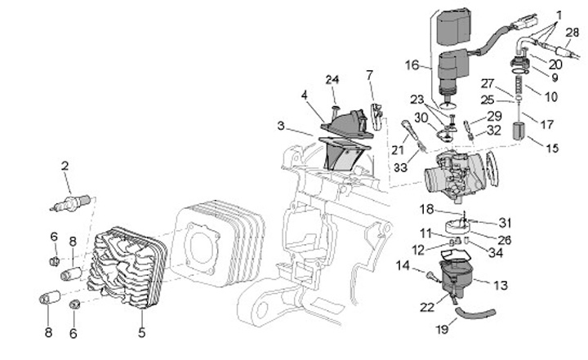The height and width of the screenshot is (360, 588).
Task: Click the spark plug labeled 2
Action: [x=70, y=202]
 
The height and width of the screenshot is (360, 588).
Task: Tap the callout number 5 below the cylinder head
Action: [x=141, y=332]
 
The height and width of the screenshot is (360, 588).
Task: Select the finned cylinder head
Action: [x=127, y=268]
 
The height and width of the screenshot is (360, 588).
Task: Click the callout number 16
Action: [x=412, y=65]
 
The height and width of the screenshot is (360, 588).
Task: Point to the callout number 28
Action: [x=572, y=33]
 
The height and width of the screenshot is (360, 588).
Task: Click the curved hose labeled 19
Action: [x=475, y=313]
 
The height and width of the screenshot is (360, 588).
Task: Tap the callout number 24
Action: [x=332, y=79]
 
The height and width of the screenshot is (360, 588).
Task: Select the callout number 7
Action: [x=370, y=75]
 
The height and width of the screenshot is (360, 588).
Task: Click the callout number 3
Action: [x=281, y=126]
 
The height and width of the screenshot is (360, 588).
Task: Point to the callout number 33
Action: [x=400, y=167]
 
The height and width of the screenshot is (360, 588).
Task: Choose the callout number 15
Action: [x=552, y=148]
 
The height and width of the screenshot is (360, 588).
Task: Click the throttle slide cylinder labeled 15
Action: [x=520, y=131]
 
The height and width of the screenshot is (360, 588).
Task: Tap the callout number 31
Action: [x=506, y=223]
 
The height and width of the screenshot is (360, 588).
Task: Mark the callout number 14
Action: [x=403, y=265]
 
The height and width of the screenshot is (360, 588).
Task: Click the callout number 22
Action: [x=427, y=307]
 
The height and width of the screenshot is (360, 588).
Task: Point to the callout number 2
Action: [x=65, y=167]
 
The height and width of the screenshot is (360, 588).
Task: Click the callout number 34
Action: [x=496, y=252]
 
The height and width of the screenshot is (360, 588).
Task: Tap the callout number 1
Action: [x=559, y=16]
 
